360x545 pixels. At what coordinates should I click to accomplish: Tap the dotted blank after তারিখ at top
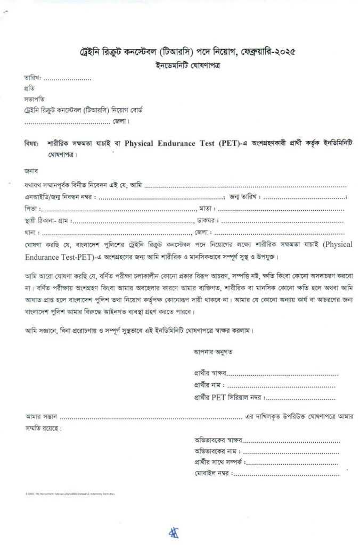click(67, 79)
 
